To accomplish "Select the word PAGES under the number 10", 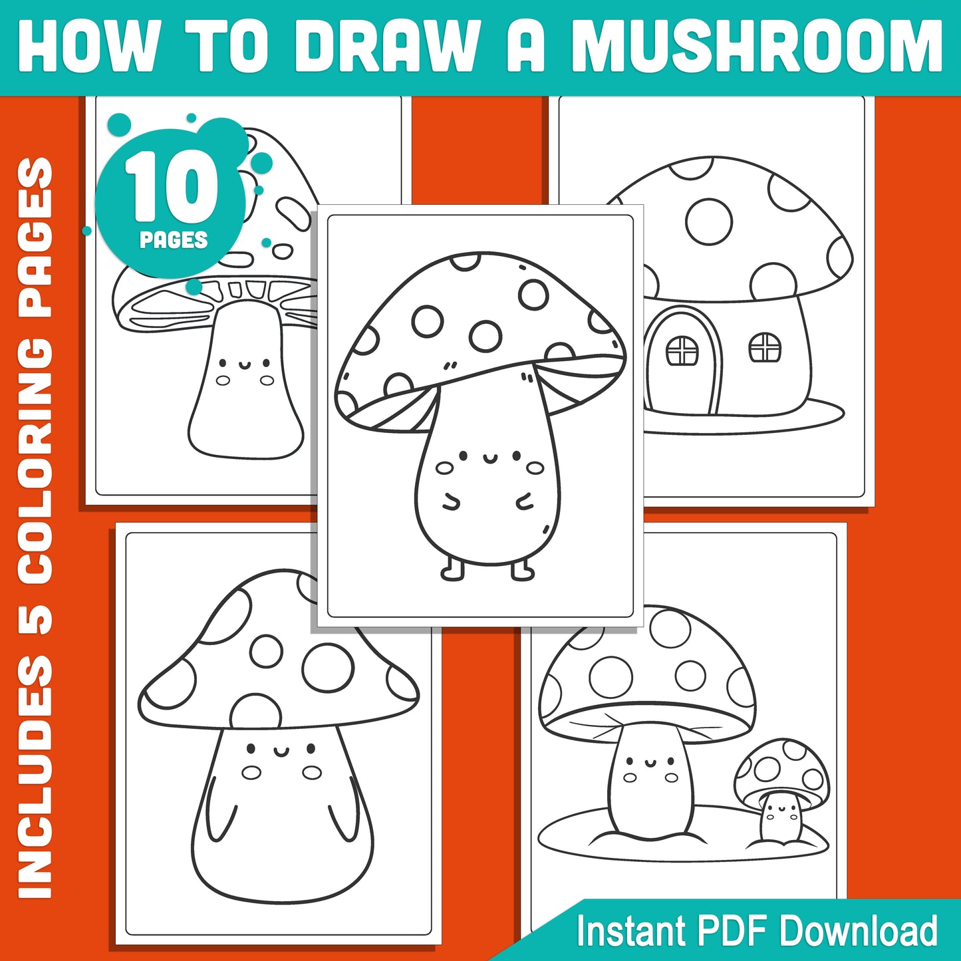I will (x=173, y=239).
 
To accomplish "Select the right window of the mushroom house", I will (x=765, y=347).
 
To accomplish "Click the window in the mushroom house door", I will (x=682, y=350).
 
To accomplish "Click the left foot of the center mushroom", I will (x=453, y=571).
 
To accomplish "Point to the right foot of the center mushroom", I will (x=522, y=570).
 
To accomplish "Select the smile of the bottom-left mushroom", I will (x=281, y=752).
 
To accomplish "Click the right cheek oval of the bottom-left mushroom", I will (x=311, y=772).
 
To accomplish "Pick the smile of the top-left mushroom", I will (x=244, y=364).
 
